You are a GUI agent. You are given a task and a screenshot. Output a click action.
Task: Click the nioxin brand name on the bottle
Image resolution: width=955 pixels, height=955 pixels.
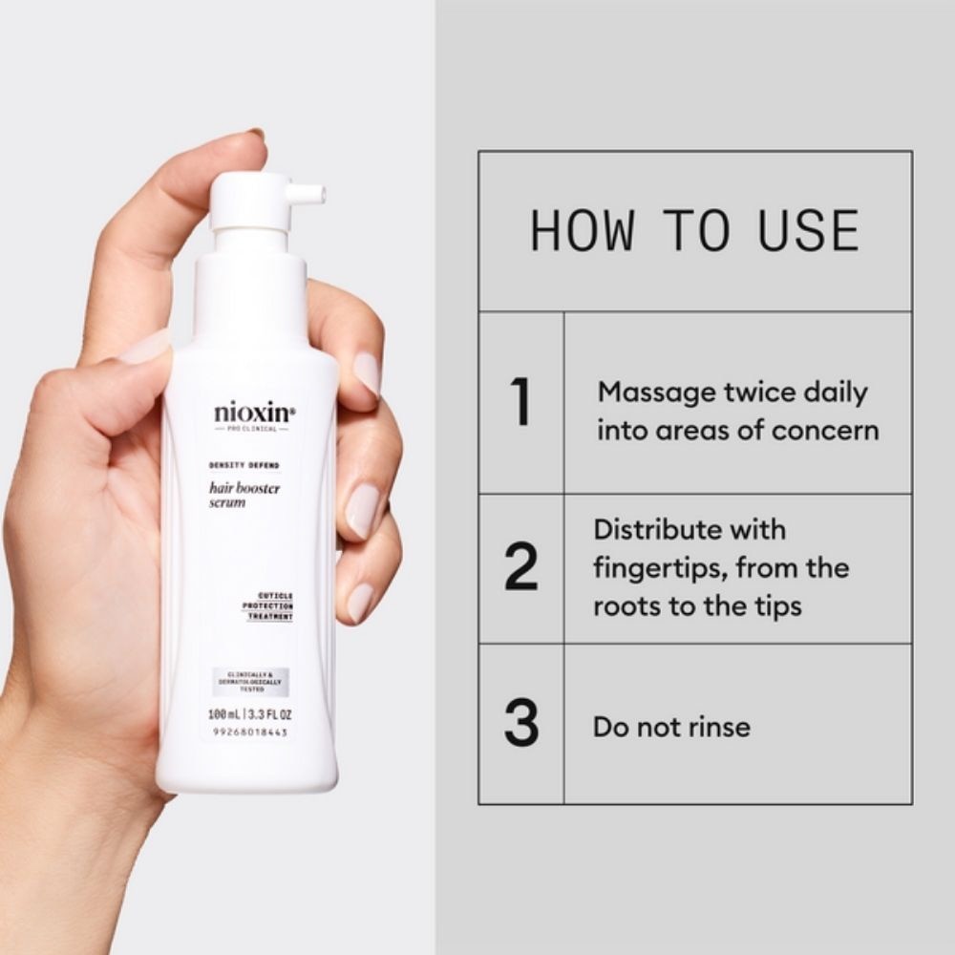(253, 414)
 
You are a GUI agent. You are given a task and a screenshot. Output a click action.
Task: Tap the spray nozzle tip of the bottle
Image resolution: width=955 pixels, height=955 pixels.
(319, 194)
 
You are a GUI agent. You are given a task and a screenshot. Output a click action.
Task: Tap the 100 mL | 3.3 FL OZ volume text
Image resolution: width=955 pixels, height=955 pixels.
(250, 713)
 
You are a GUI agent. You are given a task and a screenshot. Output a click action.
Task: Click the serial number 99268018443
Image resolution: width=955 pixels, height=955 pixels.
(249, 732)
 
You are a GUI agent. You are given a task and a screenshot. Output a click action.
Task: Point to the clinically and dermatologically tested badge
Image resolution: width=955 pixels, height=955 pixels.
(250, 682)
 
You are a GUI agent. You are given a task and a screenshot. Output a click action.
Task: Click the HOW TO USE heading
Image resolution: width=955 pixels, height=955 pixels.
(694, 230)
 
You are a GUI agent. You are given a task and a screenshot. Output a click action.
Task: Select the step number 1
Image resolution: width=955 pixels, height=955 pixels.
(520, 403)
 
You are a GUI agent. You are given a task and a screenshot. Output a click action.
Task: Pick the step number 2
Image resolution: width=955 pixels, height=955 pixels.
(520, 568)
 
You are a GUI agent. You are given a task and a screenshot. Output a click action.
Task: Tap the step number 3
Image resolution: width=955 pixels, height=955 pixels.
(520, 725)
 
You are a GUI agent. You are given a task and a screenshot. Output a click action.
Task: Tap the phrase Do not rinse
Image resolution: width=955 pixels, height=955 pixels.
(671, 727)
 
